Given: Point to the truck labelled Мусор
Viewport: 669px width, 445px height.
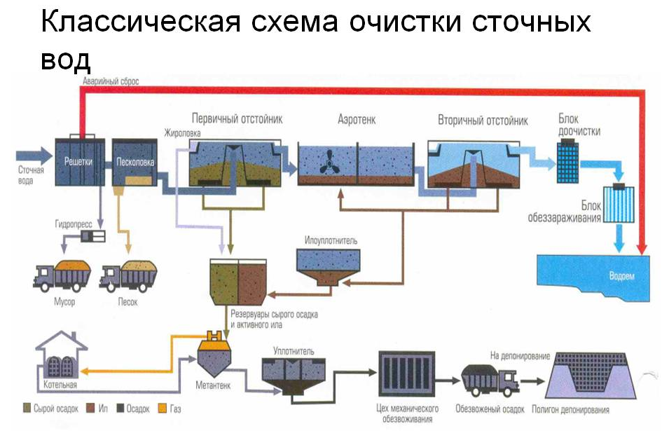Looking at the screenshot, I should click(62, 275).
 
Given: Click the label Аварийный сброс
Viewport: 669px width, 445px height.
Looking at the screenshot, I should click(111, 81).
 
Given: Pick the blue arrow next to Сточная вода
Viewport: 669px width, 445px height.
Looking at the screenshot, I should click(35, 154).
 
